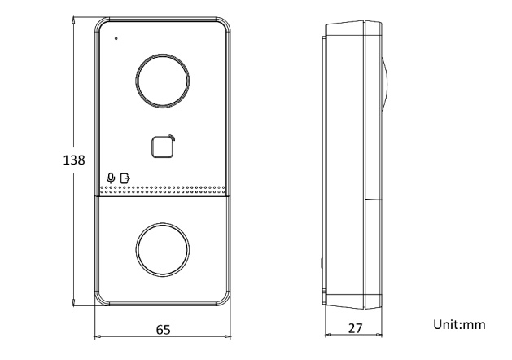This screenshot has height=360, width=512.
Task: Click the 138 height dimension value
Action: click(74, 160)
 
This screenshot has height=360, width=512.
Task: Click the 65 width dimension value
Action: click(164, 330)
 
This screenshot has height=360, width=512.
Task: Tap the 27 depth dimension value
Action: click(355, 328)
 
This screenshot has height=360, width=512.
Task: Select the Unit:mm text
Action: click(459, 324)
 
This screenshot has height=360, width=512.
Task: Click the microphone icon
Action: click(111, 178)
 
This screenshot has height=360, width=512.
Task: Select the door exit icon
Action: click(125, 178)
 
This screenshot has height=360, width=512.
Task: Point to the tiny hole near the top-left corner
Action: click(116, 38)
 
